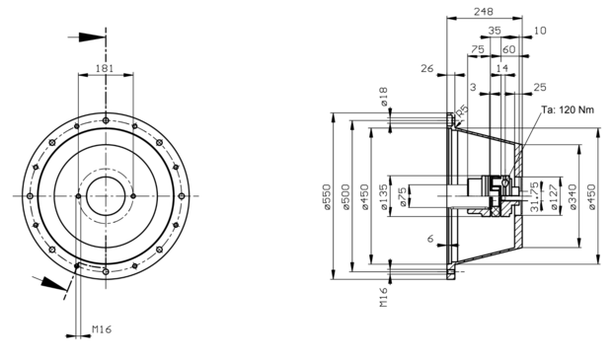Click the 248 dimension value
pyautogui.click(x=484, y=11)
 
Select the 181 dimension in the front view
pyautogui.click(x=105, y=68)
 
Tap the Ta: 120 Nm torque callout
pyautogui.click(x=568, y=110)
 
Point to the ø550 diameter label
pyautogui.click(x=327, y=197)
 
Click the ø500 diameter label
pyautogui.click(x=346, y=197)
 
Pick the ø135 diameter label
pyautogui.click(x=384, y=197)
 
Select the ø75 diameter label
pyautogui.click(x=403, y=197)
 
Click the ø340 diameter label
pyautogui.click(x=573, y=197)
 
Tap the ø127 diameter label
pyautogui.click(x=554, y=197)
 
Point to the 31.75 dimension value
pyautogui.click(x=534, y=196)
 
